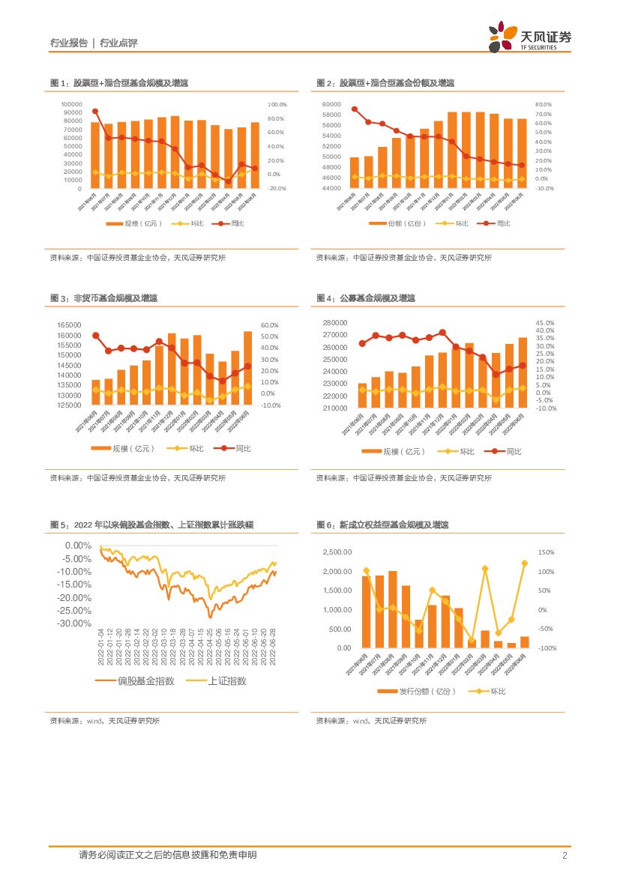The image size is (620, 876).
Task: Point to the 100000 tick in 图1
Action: (x=72, y=104)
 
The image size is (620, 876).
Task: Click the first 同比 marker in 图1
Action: (x=95, y=112)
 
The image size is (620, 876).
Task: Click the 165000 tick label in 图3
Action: (x=70, y=325)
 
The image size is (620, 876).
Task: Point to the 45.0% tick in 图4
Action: (x=545, y=323)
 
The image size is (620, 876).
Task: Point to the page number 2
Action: (x=564, y=856)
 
